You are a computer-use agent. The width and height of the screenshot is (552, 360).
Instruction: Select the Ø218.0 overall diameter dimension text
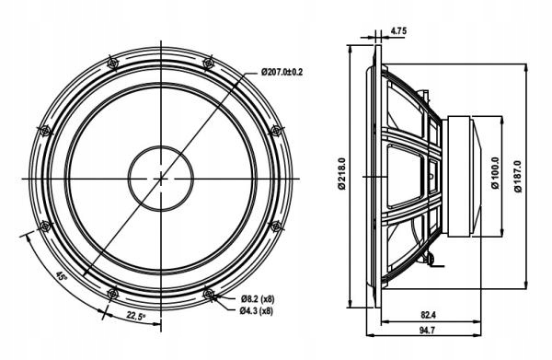(x=341, y=175)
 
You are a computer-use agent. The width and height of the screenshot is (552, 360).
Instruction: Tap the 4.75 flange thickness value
(x=398, y=31)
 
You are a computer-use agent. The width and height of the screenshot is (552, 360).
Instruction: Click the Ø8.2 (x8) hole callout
(x=258, y=298)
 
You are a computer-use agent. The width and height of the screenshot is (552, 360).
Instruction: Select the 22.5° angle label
(x=135, y=317)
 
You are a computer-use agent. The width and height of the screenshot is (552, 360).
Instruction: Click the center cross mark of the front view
(x=161, y=176)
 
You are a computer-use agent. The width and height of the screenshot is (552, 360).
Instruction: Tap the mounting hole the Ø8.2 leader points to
(x=209, y=294)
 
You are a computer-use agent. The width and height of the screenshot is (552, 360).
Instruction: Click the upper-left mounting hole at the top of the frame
(x=112, y=61)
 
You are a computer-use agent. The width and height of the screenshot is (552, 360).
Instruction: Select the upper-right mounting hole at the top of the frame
(x=209, y=62)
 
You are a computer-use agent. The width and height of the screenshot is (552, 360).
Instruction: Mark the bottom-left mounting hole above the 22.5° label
(x=112, y=294)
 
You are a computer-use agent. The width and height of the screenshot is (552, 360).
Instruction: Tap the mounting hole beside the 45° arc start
(x=43, y=225)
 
